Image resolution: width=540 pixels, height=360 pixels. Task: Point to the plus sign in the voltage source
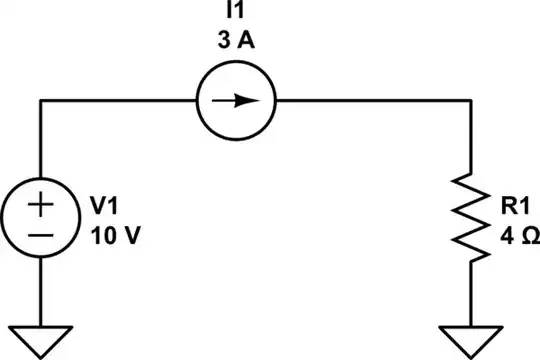(x=41, y=206)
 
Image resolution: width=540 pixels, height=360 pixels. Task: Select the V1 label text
(x=103, y=206)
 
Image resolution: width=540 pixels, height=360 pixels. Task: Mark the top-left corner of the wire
(x=41, y=100)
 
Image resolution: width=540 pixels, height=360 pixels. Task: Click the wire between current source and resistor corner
(x=370, y=100)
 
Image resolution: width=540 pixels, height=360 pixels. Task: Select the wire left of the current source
(x=115, y=100)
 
